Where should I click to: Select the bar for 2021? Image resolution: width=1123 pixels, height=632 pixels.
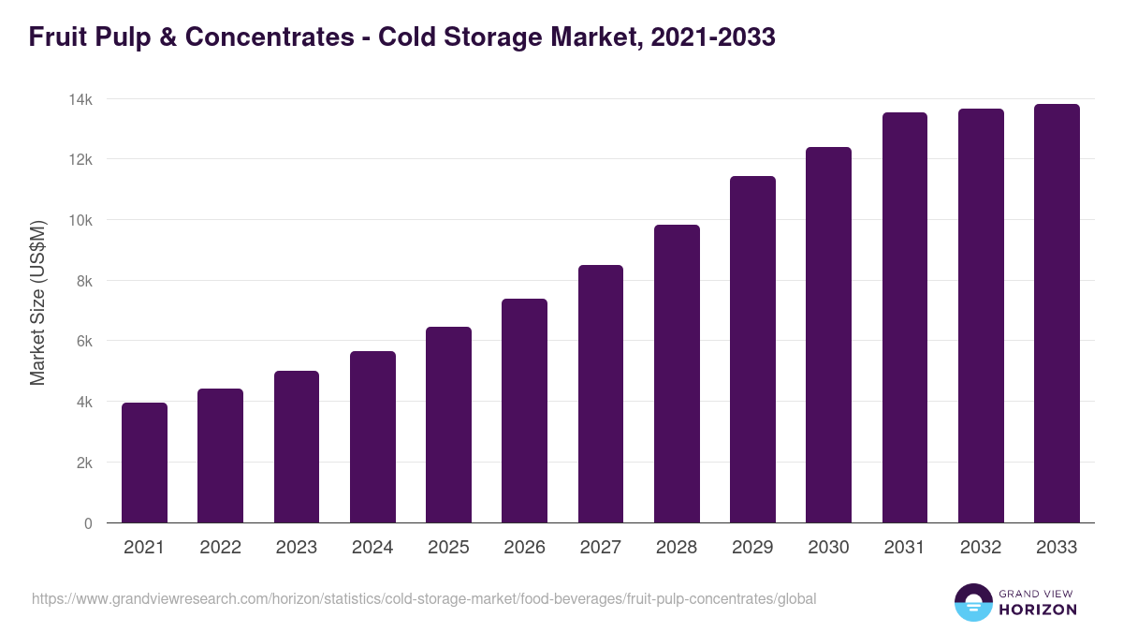[144, 463]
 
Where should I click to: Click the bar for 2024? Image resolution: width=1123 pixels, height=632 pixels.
[372, 437]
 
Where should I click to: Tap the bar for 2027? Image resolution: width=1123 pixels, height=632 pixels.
[601, 393]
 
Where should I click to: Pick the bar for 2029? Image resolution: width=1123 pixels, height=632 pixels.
[752, 349]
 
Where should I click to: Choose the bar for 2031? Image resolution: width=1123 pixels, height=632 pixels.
[905, 317]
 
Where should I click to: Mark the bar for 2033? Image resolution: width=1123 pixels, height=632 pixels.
[1057, 313]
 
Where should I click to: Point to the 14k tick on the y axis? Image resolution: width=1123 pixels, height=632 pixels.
[81, 99]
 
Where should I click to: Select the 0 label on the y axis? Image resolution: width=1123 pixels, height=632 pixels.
[88, 523]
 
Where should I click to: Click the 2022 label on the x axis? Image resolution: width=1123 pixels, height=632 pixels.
[221, 548]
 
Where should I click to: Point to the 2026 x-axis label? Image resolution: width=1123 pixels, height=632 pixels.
[524, 548]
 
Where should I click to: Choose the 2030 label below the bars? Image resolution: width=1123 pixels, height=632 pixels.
[828, 548]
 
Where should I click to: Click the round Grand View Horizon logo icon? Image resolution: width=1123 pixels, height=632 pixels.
[972, 602]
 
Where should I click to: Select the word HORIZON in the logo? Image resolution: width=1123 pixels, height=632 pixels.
[1038, 610]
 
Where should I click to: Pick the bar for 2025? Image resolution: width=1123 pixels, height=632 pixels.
[448, 425]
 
